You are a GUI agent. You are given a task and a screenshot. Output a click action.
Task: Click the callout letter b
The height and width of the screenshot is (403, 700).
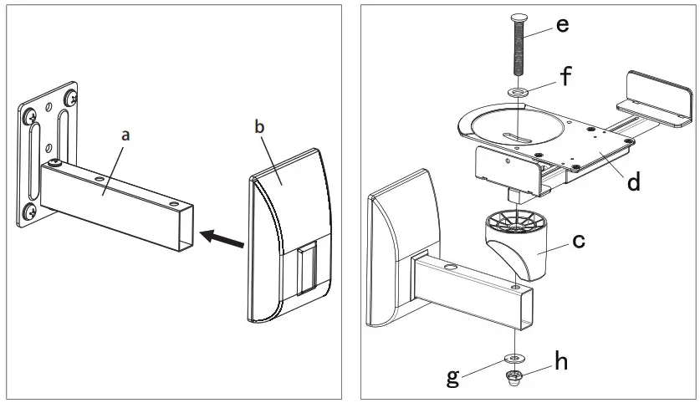pos(258,127)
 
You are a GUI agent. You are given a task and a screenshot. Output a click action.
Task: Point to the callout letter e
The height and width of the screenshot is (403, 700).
pos(562,24)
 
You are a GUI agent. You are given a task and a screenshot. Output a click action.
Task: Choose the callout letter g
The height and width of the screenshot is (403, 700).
pos(452,377)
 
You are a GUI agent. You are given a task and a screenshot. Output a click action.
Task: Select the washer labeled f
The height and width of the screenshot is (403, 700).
pos(517,91)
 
